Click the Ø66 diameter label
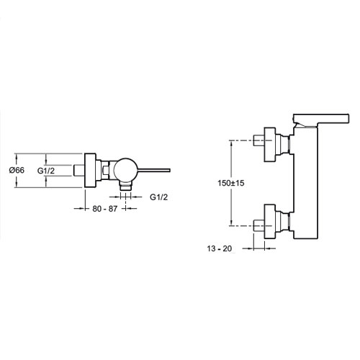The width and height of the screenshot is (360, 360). click(x=17, y=170)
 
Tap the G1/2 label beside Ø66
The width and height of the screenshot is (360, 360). click(x=46, y=171)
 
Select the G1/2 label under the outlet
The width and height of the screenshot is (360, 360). click(x=158, y=197)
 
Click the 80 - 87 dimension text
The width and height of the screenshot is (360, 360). click(x=105, y=209)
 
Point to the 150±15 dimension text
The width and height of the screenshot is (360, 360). click(x=231, y=183)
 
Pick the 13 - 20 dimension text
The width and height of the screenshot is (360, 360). click(x=220, y=248)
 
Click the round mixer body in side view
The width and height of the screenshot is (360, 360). click(x=125, y=170)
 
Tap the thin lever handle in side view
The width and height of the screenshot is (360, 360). click(x=154, y=171)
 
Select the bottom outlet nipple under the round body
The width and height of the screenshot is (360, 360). click(x=126, y=186)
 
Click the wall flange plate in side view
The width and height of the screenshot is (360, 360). click(x=90, y=170)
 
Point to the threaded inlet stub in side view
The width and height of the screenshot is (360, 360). click(x=79, y=171)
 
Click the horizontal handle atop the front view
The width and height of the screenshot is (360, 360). click(x=321, y=119)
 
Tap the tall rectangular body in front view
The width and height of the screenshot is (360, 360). click(x=306, y=183)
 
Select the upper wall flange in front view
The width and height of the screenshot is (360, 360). click(x=270, y=145)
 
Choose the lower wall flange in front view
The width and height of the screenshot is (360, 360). click(x=270, y=222)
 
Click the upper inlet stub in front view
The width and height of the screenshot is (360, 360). click(x=259, y=140)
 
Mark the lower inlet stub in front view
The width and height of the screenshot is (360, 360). click(x=259, y=226)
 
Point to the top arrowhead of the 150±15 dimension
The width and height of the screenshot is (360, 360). click(x=231, y=143)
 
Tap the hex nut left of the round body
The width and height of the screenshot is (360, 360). click(x=105, y=170)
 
